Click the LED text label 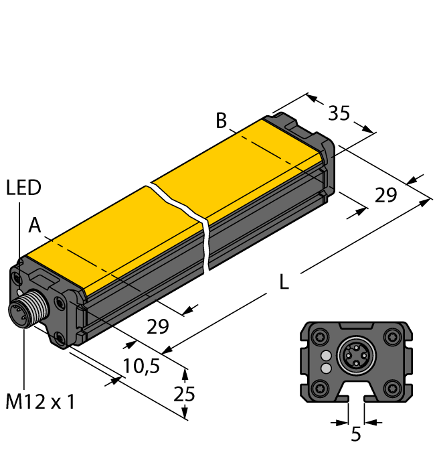23,188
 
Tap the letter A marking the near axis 35,227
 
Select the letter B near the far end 222,121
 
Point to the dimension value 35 339,114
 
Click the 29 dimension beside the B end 385,196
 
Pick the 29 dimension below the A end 158,327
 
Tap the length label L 284,283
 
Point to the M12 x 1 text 40,402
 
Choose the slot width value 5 356,435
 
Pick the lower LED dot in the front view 326,368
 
